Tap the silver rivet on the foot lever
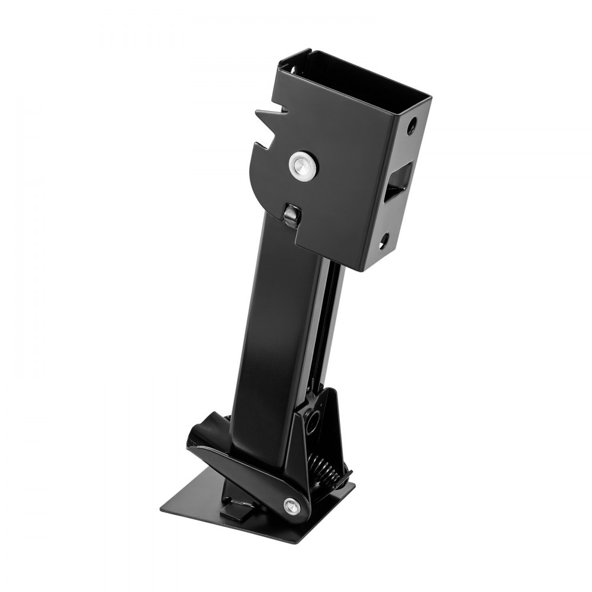coord(291,505)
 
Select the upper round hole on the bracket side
coord(412,126)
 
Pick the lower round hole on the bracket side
coord(385,239)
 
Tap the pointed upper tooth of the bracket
coord(260,112)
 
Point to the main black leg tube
coord(269,332)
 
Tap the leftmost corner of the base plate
coord(161,508)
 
